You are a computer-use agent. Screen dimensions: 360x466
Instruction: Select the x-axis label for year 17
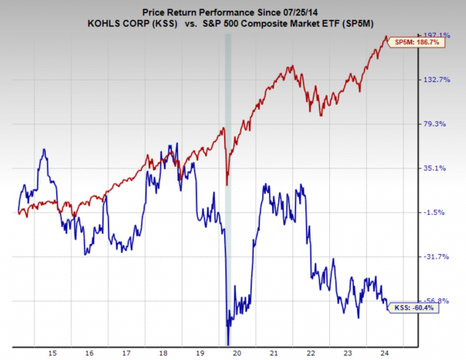[127, 352]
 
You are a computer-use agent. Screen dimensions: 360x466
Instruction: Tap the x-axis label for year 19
[201, 352]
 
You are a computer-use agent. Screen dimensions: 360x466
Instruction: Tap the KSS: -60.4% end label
[413, 307]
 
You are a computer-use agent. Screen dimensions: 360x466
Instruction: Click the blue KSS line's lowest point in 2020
[228, 343]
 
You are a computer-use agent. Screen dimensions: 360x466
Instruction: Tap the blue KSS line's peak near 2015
[44, 150]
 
